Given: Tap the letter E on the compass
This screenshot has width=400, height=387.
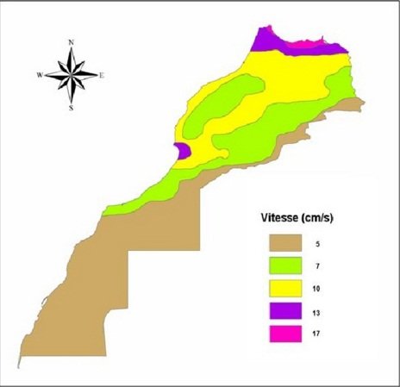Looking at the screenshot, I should click(102, 75).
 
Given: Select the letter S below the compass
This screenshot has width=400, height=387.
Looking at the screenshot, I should click(71, 109).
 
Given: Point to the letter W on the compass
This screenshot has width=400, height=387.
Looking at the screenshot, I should click(40, 75).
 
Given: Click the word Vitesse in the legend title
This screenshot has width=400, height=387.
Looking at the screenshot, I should click(278, 217).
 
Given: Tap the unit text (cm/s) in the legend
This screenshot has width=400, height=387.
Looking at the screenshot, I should click(318, 217).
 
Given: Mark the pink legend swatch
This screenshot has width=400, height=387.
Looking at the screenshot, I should click(284, 331).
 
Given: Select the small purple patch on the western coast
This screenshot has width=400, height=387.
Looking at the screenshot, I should click(182, 152).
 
